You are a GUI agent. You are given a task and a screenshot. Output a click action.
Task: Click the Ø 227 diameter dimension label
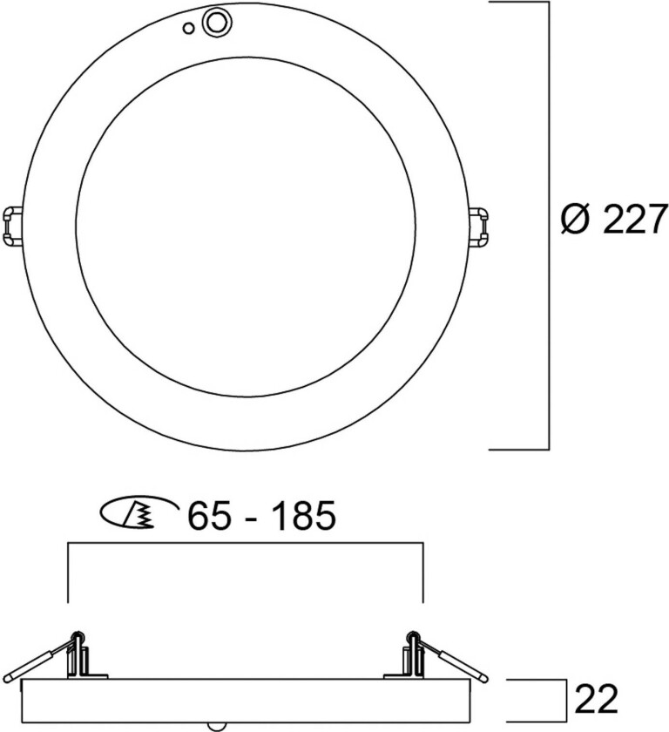coord(613,220)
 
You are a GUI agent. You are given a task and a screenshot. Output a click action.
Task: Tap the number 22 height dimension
coord(595,699)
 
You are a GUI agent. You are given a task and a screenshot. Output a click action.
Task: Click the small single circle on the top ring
coord(189,28)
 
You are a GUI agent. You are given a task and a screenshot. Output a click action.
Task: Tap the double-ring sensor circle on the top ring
coord(213,22)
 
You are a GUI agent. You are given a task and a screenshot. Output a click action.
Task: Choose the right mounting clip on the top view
coord(481,226)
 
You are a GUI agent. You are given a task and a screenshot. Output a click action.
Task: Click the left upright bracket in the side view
coord(80,654)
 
